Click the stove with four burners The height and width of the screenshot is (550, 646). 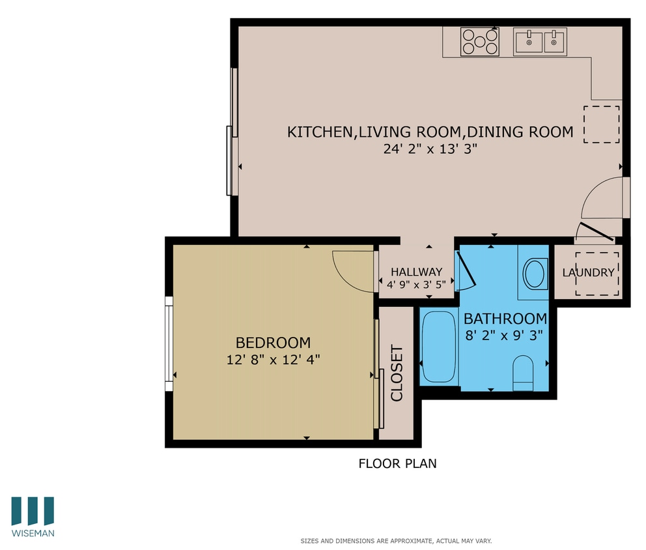[480, 42]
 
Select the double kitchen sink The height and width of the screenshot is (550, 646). [540, 41]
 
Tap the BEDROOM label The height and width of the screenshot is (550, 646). [273, 342]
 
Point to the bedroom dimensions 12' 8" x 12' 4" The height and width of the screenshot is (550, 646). [273, 359]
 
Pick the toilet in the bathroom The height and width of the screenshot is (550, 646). [523, 373]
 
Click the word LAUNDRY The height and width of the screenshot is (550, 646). [588, 273]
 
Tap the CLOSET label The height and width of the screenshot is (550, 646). [397, 373]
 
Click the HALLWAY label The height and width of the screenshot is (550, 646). [416, 272]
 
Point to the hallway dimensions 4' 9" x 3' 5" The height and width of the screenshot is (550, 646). [416, 285]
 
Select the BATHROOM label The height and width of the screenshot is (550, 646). [505, 319]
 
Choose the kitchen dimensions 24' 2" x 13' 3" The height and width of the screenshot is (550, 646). [430, 149]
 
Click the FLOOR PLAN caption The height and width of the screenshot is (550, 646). [397, 464]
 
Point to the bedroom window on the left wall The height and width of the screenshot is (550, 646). [169, 343]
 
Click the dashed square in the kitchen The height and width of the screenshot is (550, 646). [601, 124]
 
